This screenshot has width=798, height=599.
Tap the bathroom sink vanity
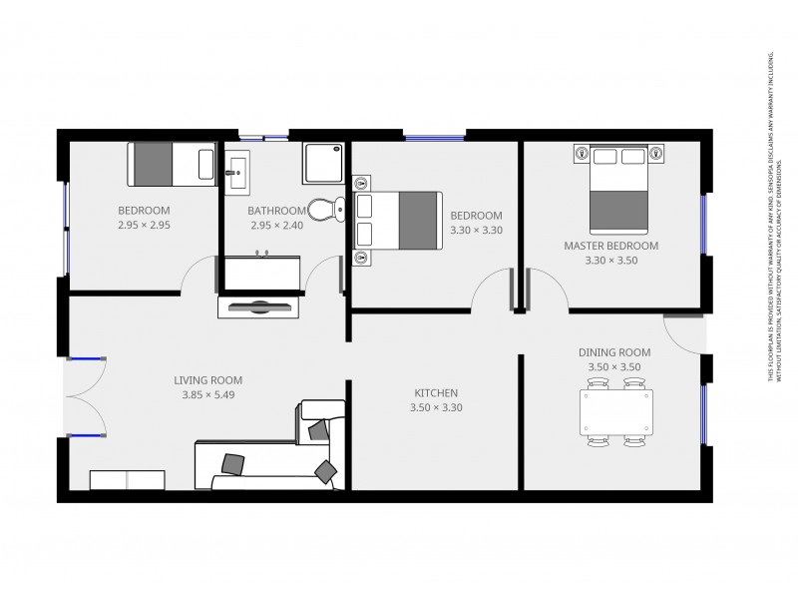coord(237,172)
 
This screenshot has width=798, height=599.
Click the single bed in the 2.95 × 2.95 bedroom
coord(171,164)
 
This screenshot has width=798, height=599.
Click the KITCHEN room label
coord(436,392)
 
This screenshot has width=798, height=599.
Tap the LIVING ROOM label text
coord(207,379)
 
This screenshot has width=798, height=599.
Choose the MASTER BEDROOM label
coord(610,246)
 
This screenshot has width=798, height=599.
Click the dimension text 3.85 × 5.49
coord(207,394)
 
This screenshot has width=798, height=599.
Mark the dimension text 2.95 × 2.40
coord(276,226)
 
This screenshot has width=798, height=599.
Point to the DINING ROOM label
coord(614,351)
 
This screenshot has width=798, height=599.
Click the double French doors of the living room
coord(85,397)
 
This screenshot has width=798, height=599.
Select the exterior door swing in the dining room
coord(682,334)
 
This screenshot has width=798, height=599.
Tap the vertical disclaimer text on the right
coord(773,215)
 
